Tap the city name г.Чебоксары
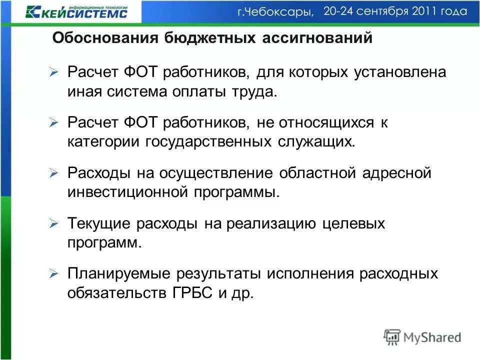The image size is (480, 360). [x=275, y=12]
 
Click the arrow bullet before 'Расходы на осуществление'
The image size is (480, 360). [x=54, y=173]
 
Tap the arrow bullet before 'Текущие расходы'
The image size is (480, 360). [x=54, y=224]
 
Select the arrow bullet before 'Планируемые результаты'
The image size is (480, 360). [x=54, y=274]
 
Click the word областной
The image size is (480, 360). [x=320, y=173]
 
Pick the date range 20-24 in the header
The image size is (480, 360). [x=341, y=11]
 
